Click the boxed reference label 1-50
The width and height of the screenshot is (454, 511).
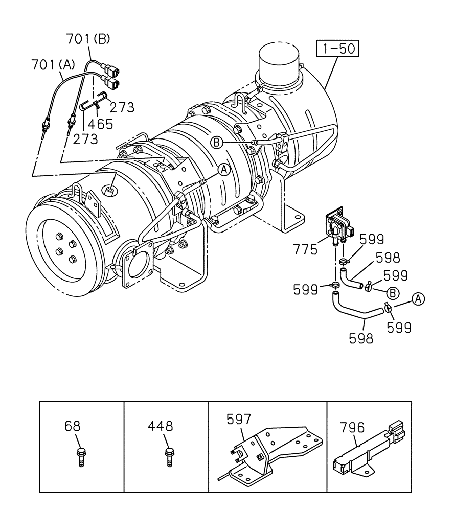337,49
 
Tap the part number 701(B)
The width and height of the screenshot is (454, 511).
87,39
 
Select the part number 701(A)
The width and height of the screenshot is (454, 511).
53,64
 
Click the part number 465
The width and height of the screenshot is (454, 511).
100,123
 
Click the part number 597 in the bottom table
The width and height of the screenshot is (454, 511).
239,420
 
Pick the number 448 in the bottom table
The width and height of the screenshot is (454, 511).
161,426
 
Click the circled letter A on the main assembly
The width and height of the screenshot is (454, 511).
223,170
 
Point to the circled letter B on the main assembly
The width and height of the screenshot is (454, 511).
217,143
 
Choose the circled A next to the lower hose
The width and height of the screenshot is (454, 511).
418,299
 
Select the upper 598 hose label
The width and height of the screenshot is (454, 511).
388,257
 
